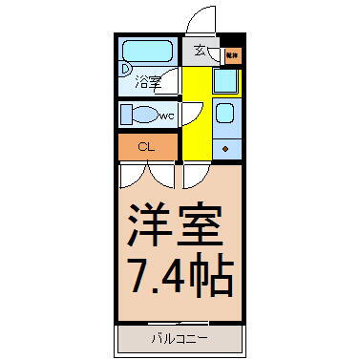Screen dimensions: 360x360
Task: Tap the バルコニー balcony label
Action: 180,338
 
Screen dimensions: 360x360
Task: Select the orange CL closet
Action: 147,147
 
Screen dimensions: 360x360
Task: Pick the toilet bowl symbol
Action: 141,116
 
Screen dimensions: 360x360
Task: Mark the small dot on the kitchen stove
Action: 226,149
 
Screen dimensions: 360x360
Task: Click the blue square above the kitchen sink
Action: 226,83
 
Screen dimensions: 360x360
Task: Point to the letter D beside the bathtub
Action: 125,68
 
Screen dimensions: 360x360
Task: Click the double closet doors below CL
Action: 148,174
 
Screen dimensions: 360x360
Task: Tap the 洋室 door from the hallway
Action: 197,175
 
